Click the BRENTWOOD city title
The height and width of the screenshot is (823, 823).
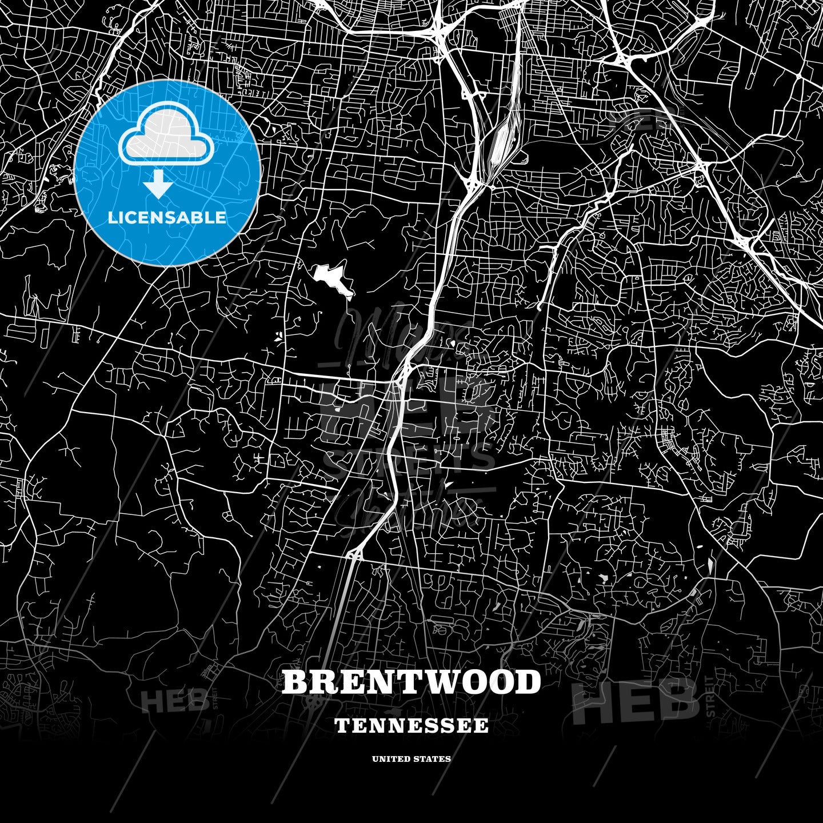[x=411, y=682]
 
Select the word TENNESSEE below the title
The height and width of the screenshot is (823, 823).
[x=411, y=726]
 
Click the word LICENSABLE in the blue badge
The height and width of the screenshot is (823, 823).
[x=167, y=218]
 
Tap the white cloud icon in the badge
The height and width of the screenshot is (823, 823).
[x=166, y=137]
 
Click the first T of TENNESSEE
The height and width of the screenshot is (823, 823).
[x=341, y=726]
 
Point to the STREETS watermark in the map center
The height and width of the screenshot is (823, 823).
[x=409, y=461]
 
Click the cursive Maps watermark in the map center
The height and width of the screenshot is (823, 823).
[x=400, y=337]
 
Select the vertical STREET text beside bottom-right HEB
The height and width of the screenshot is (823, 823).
[x=710, y=697]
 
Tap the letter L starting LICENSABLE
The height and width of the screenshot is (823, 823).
[x=112, y=218]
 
